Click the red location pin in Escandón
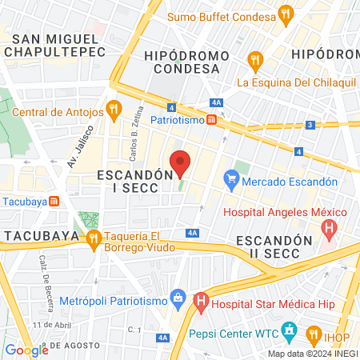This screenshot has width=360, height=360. tap(181, 162)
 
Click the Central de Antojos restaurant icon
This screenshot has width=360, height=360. tap(114, 108)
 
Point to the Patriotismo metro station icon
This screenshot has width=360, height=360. tap(210, 120)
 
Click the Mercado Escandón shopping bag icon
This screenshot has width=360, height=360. tap(231, 181)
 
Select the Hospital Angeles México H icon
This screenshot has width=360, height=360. tap(328, 228)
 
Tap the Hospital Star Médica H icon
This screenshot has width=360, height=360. tap(201, 302)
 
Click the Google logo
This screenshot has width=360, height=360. tap(26, 350)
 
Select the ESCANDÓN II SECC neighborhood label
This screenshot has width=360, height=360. tap(274, 248)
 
